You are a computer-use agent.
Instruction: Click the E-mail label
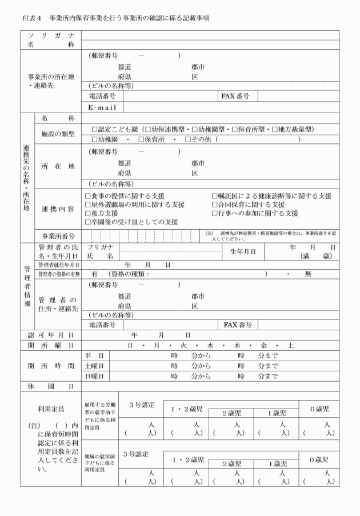(x=102, y=107)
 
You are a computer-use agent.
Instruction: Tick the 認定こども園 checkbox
(x=95, y=129)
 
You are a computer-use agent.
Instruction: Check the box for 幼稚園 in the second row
(x=95, y=139)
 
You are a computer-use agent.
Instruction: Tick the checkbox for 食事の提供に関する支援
(x=87, y=196)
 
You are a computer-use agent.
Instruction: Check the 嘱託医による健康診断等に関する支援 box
(x=215, y=196)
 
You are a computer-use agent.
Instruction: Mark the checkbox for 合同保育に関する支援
(x=215, y=205)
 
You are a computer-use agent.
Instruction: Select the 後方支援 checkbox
(x=87, y=213)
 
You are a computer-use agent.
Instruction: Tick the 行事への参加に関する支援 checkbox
(x=215, y=213)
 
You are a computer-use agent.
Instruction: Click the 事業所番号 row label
(x=58, y=235)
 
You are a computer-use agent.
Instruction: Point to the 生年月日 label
(x=243, y=251)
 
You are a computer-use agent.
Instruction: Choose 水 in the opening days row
(x=210, y=345)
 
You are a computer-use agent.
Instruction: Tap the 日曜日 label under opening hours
(x=95, y=377)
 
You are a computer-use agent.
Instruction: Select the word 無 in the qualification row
(x=308, y=274)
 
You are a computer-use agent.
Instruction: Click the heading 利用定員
(x=50, y=409)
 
